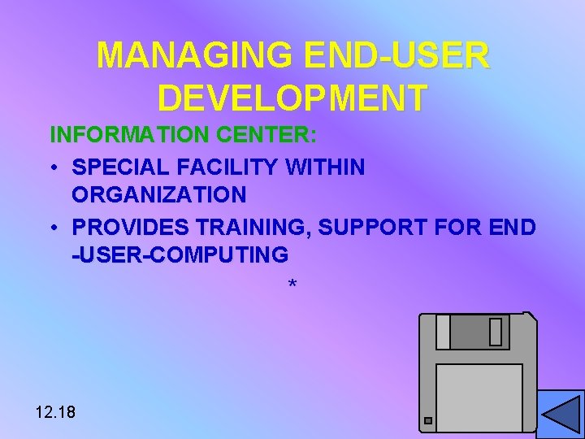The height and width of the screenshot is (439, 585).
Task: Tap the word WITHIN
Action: [x=325, y=167]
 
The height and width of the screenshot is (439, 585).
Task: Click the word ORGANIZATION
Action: [x=159, y=195]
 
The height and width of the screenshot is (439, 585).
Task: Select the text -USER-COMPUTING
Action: [x=180, y=254]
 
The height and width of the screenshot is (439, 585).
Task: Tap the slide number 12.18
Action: [x=56, y=412]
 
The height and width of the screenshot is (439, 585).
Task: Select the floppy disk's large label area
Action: [x=479, y=397]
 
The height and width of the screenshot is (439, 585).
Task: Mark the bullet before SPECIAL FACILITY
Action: [x=52, y=168]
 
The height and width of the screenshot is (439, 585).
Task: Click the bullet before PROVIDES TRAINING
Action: [x=52, y=228]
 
